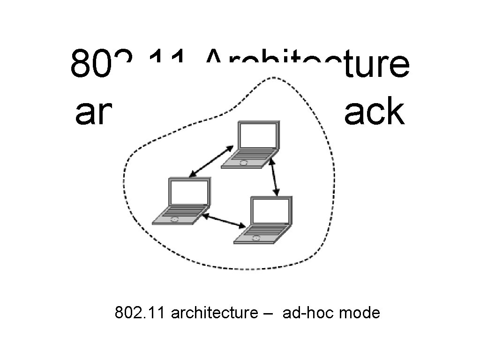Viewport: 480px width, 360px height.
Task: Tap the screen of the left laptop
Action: click(x=188, y=192)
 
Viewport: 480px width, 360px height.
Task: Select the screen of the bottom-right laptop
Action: click(x=270, y=211)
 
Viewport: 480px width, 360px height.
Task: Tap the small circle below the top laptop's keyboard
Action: click(x=243, y=163)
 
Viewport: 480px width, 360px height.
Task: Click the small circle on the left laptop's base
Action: click(x=174, y=219)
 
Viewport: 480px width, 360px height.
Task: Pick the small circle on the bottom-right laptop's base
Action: click(x=256, y=238)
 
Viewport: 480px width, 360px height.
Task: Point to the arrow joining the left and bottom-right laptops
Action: click(x=224, y=221)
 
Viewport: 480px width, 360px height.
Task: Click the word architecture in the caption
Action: click(x=211, y=312)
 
